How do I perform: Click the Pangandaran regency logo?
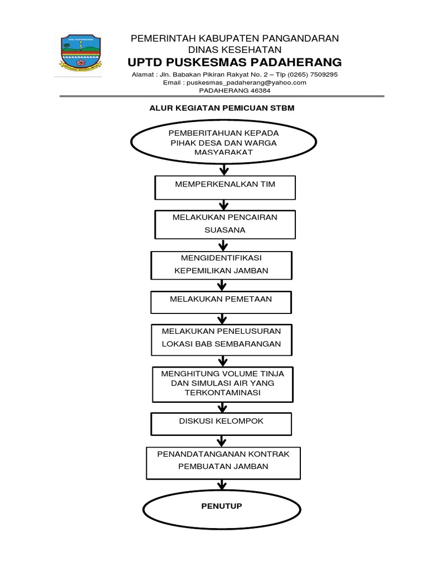coord(81,53)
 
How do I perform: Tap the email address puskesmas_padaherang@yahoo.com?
coord(246,83)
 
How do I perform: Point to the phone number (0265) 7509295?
coord(312,74)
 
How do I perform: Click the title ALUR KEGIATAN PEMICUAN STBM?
coord(222,108)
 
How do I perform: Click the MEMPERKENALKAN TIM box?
coord(225,188)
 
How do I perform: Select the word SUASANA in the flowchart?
coord(225,230)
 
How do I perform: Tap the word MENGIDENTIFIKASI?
coord(221,258)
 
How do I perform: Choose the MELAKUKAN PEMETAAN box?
coord(221,302)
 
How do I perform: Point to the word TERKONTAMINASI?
coord(222,393)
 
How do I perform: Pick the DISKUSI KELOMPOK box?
coord(221,424)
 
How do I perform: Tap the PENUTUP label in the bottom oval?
coord(221,506)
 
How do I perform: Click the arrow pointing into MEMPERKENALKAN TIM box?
coord(224,170)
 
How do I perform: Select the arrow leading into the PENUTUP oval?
coord(222,484)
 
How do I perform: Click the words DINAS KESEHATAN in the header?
coord(235,50)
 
